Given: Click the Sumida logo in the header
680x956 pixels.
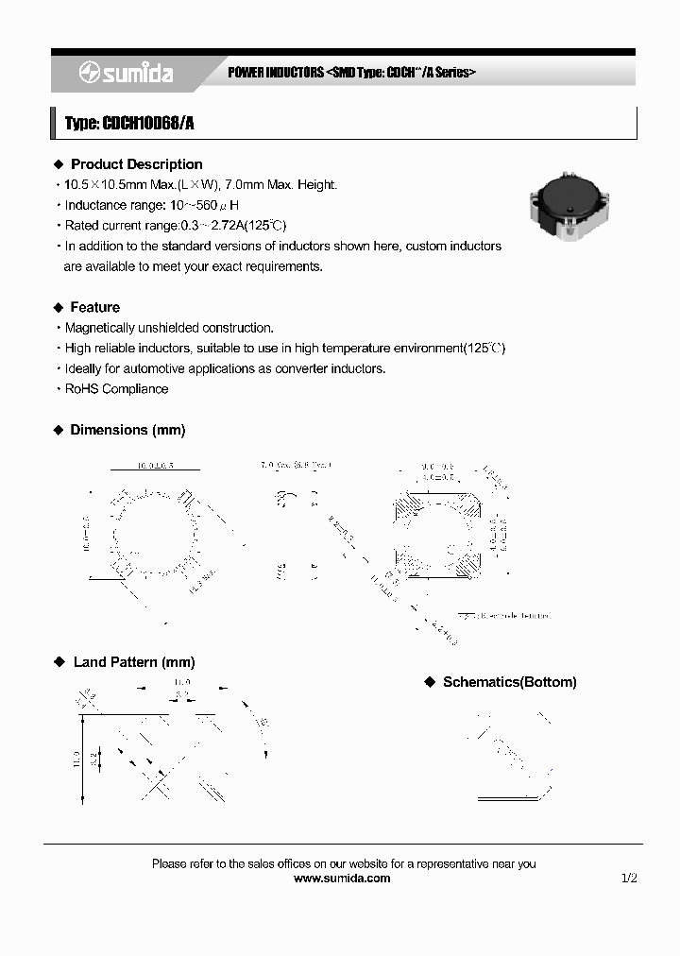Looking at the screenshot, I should pos(126,73).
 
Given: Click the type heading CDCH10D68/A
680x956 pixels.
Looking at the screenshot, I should pos(129,123).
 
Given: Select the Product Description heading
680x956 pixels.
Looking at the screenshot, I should pos(136,164).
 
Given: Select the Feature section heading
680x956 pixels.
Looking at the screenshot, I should pos(94,307).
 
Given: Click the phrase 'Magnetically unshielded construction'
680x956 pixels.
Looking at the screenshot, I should pos(169,328).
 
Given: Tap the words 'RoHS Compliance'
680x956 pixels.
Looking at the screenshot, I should pos(116,389).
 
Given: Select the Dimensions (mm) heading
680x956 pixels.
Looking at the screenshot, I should pos(127,430).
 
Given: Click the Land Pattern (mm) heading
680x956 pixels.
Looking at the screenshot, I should pos(133,662).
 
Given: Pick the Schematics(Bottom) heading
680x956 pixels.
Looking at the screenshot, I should pos(509,682).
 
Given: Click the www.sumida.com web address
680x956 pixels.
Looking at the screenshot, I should pos(342,878).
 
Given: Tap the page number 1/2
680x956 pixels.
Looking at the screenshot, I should pos(629,878).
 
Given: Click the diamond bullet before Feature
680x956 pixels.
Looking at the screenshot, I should pos(58,307).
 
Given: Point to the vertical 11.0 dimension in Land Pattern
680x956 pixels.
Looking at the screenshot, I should pos(76,759).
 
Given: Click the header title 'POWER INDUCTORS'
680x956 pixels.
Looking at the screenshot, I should pos(276,73).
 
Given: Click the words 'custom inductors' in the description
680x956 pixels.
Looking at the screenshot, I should pos(456,246).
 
